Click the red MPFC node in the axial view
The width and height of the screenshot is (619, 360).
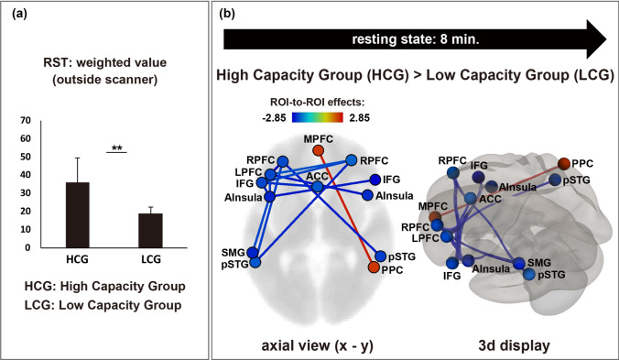point(318,150)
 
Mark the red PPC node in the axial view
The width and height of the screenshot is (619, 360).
point(374,267)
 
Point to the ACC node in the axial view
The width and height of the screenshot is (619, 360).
point(317,187)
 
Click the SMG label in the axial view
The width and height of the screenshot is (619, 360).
point(232,249)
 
